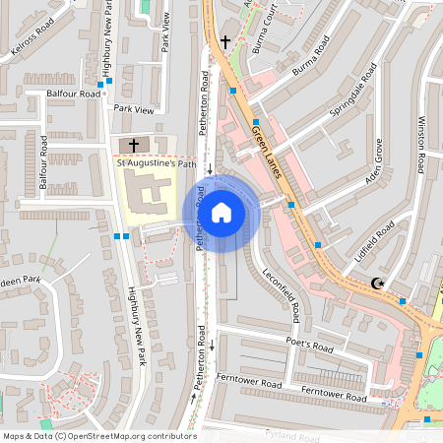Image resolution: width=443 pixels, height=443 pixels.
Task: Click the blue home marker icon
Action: coord(221,211)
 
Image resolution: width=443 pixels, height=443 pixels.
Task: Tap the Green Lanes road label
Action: coord(267,154)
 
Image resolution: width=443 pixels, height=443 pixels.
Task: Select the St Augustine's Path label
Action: coord(158,163)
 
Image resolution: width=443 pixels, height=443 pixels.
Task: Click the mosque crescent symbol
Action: coord(376,285)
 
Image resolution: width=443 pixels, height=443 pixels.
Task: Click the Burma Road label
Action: coord(309,58)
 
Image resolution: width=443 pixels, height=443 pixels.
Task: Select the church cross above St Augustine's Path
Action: coord(134,145)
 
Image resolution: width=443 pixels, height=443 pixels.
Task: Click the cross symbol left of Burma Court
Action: coord(225,41)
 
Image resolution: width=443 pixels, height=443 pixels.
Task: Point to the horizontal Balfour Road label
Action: coord(74,94)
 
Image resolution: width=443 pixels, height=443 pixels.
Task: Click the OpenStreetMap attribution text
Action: coord(99,436)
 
